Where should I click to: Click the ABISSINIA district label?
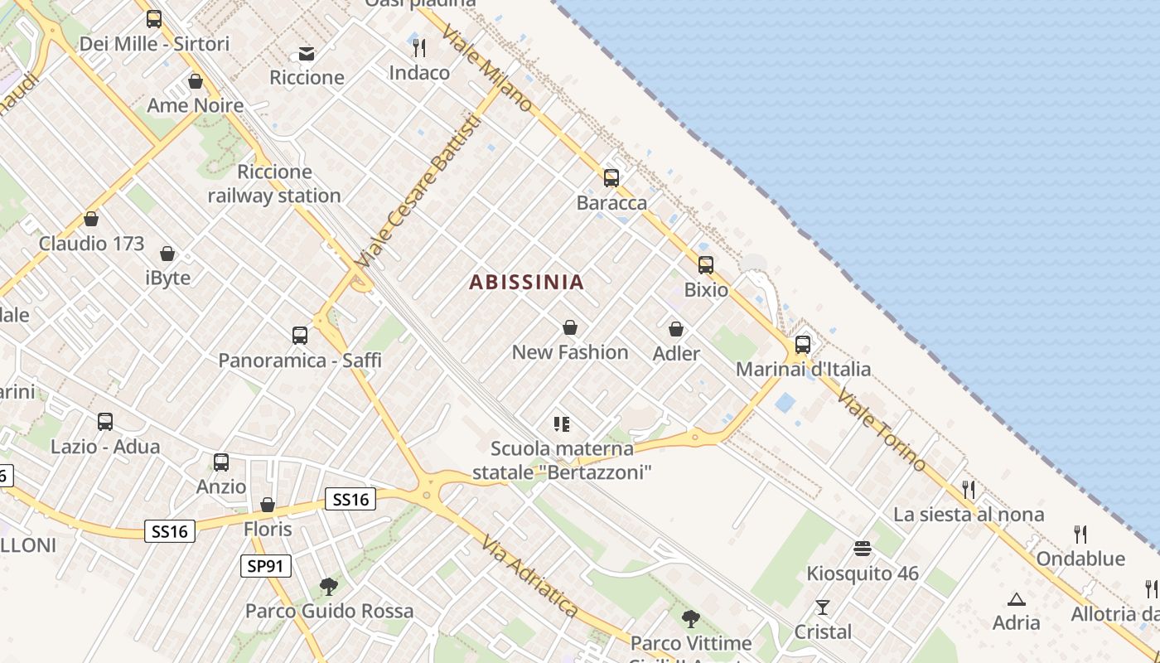click(527, 282)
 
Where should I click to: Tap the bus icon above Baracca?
click(611, 177)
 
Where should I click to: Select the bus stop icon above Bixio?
click(706, 264)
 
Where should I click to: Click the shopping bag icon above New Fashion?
click(570, 327)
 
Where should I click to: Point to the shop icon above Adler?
click(676, 329)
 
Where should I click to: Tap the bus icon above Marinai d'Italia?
click(803, 344)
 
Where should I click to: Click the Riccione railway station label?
click(274, 184)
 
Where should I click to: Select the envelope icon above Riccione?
click(307, 54)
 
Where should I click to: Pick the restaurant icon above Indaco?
click(419, 47)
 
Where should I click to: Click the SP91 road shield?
click(267, 566)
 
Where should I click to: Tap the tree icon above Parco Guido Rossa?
click(329, 587)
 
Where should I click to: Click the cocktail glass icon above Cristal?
click(823, 607)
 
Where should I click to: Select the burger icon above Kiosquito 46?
click(863, 549)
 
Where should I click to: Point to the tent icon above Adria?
click(1017, 598)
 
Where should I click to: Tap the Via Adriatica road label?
click(530, 576)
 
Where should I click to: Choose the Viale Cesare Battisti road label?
click(418, 191)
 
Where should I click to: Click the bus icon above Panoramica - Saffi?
click(300, 336)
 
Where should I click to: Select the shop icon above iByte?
click(167, 254)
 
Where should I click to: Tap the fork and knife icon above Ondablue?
click(1080, 534)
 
